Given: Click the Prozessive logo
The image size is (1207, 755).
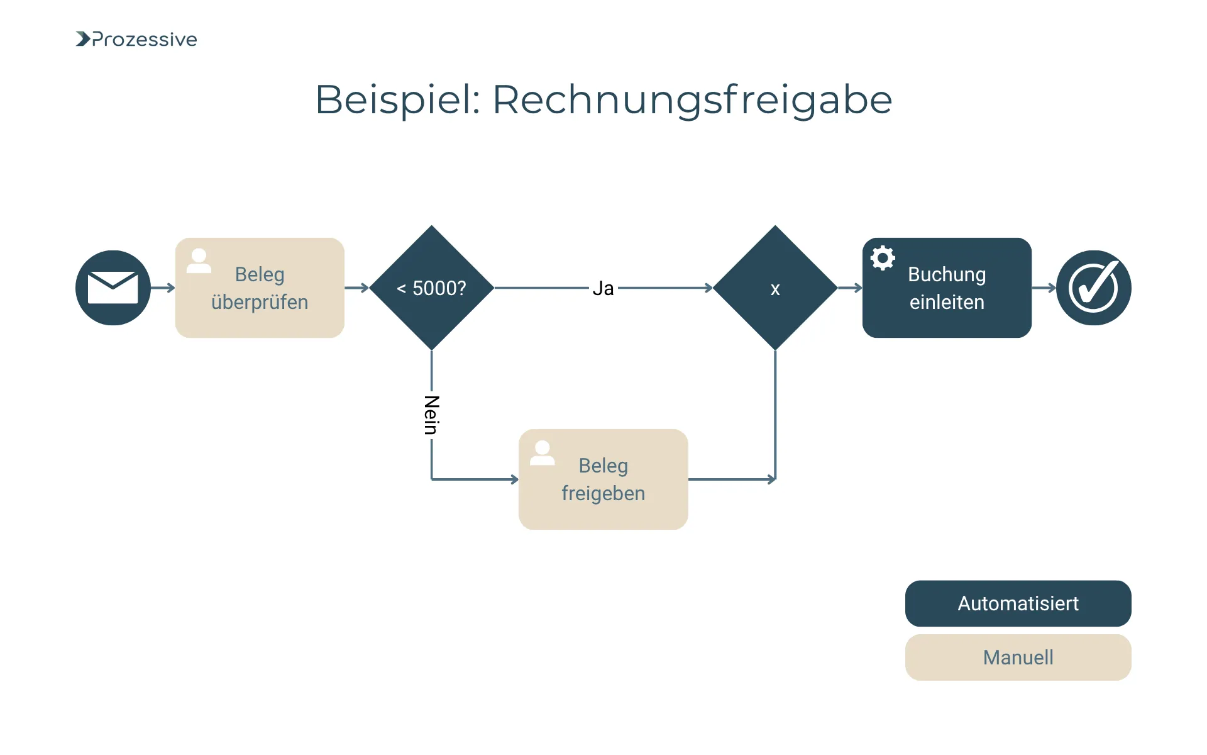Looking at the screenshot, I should pyautogui.click(x=136, y=39).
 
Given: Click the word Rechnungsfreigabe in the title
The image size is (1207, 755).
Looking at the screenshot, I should pyautogui.click(x=692, y=99).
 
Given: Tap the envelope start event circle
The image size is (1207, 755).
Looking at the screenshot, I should pyautogui.click(x=113, y=288).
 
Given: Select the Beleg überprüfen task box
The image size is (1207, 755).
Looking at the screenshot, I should pyautogui.click(x=260, y=288).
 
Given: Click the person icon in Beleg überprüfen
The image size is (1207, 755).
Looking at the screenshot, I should pyautogui.click(x=199, y=260).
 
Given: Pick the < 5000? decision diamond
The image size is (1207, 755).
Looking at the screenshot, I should pyautogui.click(x=432, y=288).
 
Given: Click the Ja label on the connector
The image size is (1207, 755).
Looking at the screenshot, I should pyautogui.click(x=603, y=288).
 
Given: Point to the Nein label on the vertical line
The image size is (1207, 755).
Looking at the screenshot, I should pyautogui.click(x=431, y=415).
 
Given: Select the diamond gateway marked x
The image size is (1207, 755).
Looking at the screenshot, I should pyautogui.click(x=775, y=288).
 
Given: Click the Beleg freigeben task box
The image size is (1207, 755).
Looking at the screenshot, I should pyautogui.click(x=603, y=479).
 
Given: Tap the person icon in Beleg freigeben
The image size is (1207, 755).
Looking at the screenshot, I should pyautogui.click(x=542, y=452).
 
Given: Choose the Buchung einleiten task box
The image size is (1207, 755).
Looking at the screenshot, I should pyautogui.click(x=947, y=288).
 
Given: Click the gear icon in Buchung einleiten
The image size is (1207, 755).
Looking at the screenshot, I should pyautogui.click(x=883, y=258).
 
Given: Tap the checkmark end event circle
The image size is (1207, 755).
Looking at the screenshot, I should pyautogui.click(x=1093, y=288).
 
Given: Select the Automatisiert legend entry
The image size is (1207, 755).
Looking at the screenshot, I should pyautogui.click(x=1018, y=603).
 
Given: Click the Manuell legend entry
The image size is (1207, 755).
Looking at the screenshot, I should pyautogui.click(x=1018, y=657).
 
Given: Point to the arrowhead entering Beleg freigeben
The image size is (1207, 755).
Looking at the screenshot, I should pyautogui.click(x=514, y=479).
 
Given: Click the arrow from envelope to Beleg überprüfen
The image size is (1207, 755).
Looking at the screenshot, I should pyautogui.click(x=163, y=288).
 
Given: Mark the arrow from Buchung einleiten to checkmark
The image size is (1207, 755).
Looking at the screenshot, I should pyautogui.click(x=1044, y=288).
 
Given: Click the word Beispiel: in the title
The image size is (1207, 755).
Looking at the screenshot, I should pyautogui.click(x=397, y=99).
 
